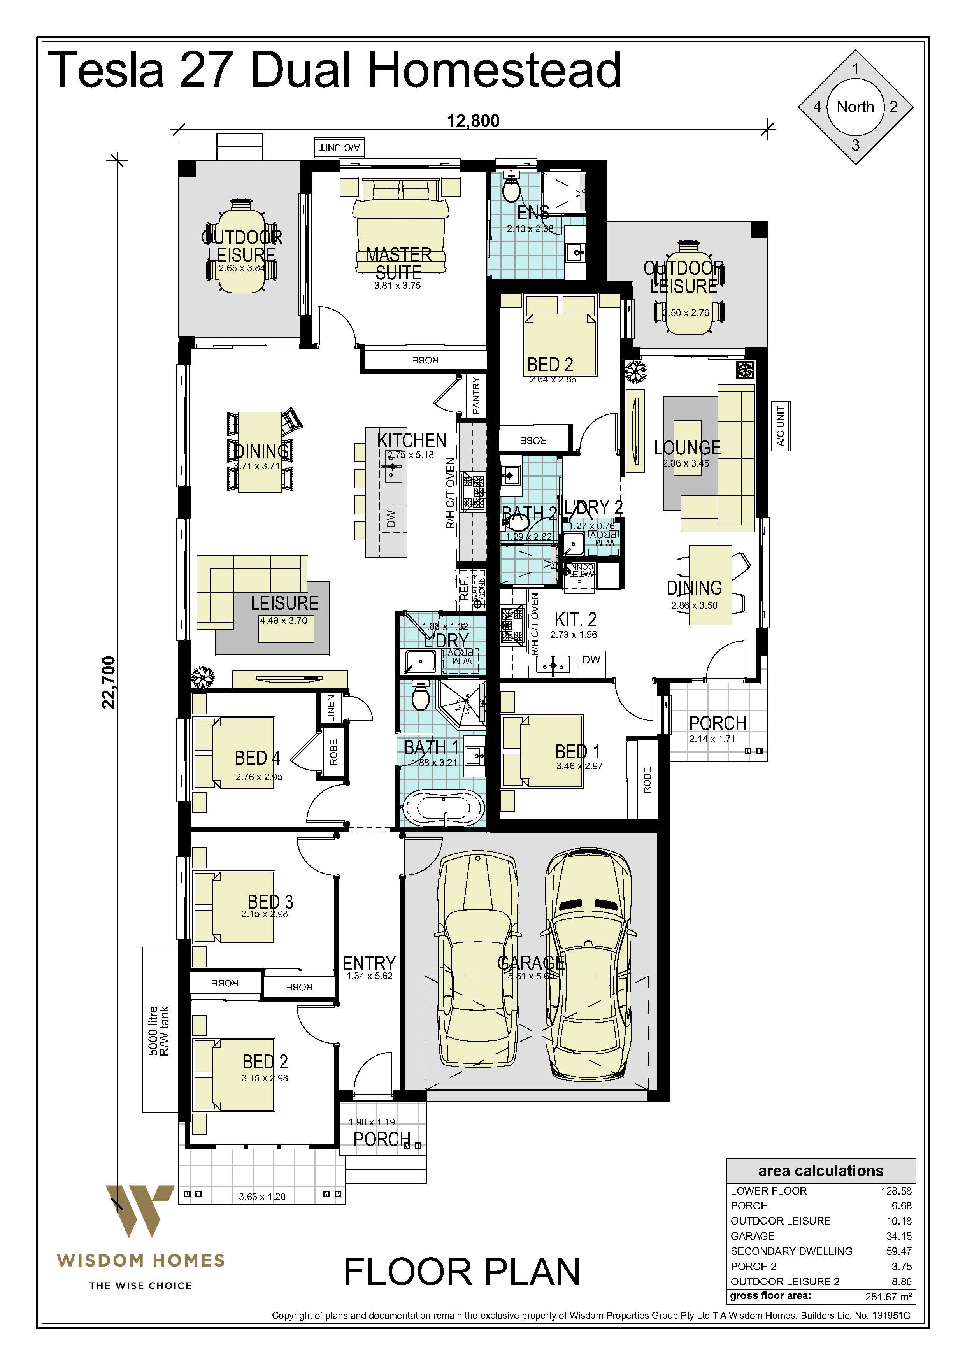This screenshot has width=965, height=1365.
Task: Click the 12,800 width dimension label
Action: [473, 121]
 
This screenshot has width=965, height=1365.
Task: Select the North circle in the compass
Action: [855, 107]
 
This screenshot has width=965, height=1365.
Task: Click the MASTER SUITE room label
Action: [398, 263]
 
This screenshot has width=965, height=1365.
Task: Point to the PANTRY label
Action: [475, 395]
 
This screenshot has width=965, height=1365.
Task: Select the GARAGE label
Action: [530, 963]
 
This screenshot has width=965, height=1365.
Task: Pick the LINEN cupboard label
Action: [331, 707]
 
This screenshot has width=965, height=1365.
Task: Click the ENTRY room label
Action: [368, 963]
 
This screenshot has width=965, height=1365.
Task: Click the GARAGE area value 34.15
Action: [898, 1236]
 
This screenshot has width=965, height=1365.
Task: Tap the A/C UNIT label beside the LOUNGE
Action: [780, 426]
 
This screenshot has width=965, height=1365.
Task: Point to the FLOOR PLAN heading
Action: [461, 1272]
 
